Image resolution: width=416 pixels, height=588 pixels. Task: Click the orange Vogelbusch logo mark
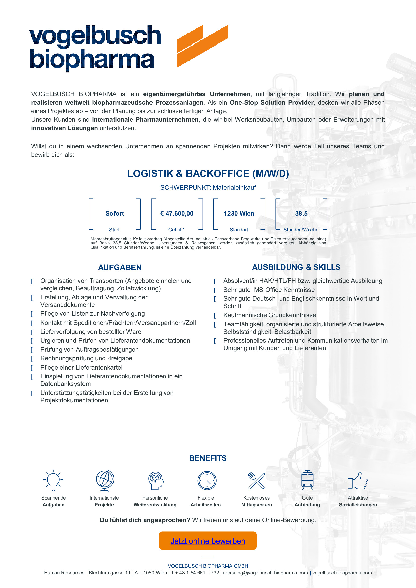point(202,46)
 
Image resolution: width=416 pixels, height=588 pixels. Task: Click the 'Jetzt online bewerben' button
point(208,541)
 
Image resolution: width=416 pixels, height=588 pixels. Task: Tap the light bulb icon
point(53,480)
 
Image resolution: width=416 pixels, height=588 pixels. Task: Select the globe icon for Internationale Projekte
point(105,480)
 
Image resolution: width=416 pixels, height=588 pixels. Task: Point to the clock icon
point(207,480)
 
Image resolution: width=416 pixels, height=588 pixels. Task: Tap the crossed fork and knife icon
point(256,480)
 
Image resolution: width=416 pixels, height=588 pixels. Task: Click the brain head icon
point(156,480)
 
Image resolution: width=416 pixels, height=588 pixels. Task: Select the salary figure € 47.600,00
point(177,214)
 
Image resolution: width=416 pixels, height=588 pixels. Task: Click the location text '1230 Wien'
point(239,214)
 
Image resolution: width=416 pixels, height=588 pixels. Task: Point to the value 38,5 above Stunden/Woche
point(301,214)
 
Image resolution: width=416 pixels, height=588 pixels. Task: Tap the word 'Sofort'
point(115,214)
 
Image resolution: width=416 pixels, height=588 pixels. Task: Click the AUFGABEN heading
point(120,268)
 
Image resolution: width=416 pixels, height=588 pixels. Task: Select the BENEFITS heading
point(208,458)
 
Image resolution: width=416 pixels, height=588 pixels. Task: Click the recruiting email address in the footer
point(265,573)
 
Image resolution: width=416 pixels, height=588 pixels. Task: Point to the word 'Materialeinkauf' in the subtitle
point(234,188)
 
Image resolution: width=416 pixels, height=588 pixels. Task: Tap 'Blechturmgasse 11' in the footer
point(109,573)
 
